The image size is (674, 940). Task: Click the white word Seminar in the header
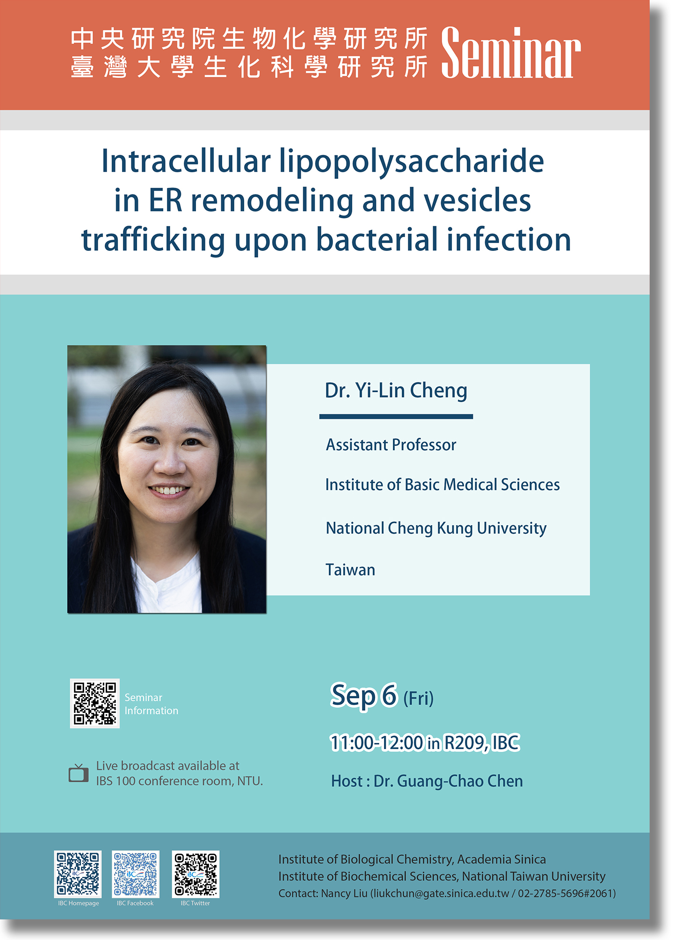(511, 52)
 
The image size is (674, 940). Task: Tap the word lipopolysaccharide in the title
(412, 162)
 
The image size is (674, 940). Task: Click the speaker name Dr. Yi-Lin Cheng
(396, 390)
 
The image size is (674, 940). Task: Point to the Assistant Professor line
(391, 445)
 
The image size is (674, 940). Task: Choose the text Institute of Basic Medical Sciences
(442, 485)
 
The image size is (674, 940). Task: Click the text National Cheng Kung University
(436, 529)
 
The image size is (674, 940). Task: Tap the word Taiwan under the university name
(350, 570)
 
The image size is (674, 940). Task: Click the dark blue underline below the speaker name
(396, 416)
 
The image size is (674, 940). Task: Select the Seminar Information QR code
(95, 703)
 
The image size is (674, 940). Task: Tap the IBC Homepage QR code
(78, 874)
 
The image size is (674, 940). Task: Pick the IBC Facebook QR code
(136, 874)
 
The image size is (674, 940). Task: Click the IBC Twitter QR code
(196, 874)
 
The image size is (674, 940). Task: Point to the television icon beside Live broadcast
(79, 773)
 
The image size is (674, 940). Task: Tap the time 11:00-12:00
(377, 743)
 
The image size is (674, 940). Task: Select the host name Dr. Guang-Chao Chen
(448, 781)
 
